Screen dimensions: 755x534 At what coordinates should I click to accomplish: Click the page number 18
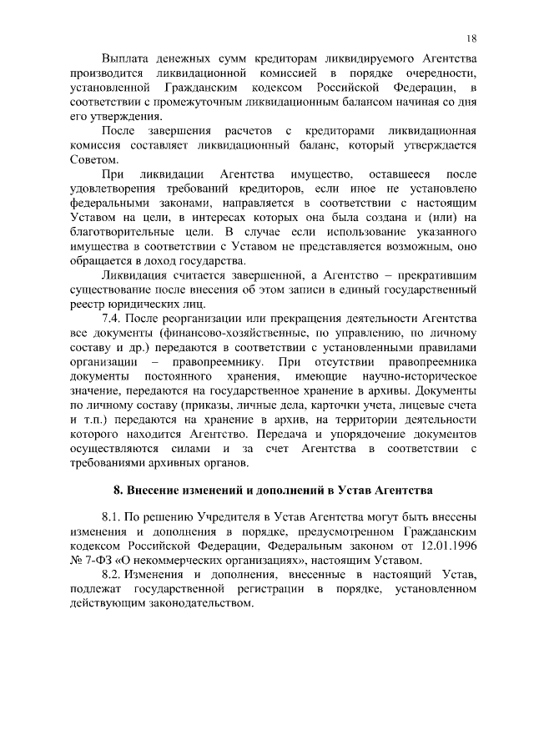pyautogui.click(x=471, y=38)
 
